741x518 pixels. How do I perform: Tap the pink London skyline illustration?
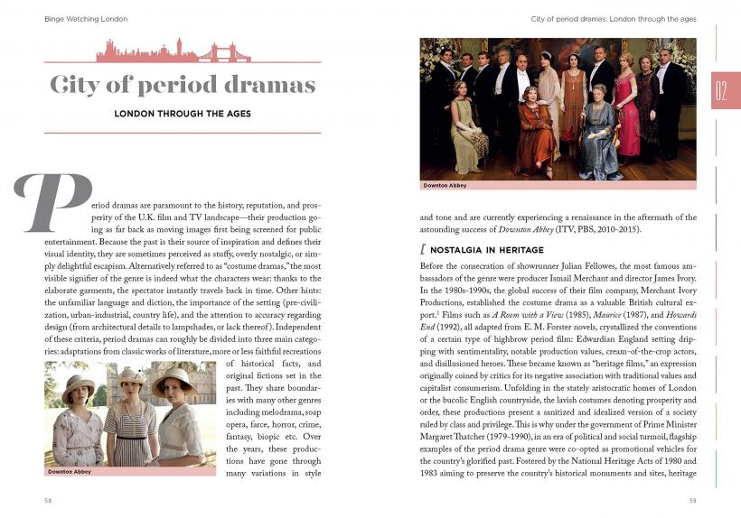coord(173,51)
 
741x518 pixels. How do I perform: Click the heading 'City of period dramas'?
coord(183,86)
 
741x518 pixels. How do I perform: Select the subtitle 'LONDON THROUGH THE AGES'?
coord(182,114)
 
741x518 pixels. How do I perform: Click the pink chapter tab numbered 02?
coord(725,90)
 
